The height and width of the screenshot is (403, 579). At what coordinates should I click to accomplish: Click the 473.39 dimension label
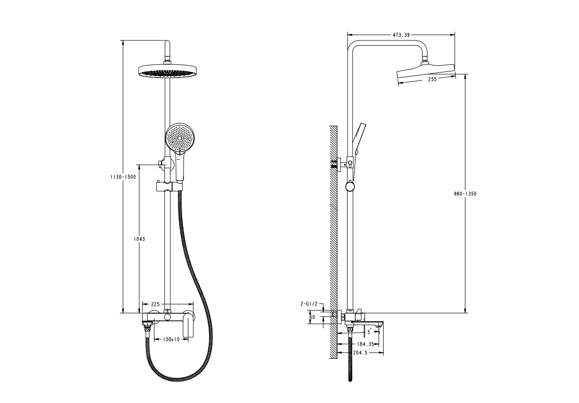click(401, 35)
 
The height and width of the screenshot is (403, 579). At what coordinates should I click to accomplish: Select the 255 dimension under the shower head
click(433, 79)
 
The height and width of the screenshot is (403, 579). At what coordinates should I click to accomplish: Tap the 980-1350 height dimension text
click(465, 194)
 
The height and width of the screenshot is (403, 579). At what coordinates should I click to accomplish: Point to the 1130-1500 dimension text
click(123, 177)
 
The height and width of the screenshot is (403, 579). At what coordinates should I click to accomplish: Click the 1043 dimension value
click(139, 239)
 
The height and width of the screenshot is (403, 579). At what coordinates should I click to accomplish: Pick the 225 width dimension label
click(155, 304)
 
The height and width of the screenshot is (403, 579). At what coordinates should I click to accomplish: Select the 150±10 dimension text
click(171, 339)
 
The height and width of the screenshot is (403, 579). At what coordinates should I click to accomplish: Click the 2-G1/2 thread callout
click(309, 304)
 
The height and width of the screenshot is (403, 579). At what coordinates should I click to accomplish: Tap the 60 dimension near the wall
click(312, 317)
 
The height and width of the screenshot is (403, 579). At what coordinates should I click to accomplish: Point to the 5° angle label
click(369, 332)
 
